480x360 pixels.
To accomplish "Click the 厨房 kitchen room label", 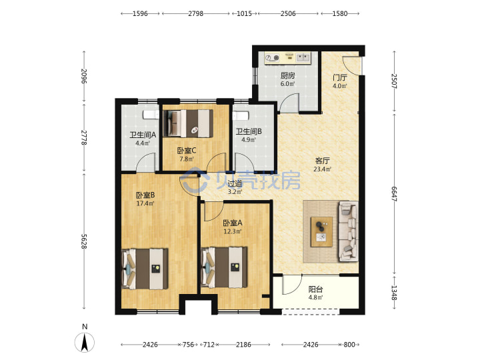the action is pos(287,75).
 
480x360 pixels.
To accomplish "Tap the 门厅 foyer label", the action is pos(340,77).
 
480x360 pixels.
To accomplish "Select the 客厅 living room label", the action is pos(323,161).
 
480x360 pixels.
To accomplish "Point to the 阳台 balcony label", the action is pos(315,289).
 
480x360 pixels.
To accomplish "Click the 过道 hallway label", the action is pos(235,184).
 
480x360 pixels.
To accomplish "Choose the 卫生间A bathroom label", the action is pos(143,135).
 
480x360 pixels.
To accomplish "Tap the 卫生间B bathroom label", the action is pos(249,131).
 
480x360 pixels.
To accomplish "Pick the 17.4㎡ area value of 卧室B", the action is pos(145,203).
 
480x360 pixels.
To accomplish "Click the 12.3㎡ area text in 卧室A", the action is pos(233,231).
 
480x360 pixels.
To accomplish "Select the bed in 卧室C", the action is pos(188,123).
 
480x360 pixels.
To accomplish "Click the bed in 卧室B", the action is pos(145,269).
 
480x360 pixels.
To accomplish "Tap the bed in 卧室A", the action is pos(224,267).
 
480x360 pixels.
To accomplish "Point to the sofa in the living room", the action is pos(349,232).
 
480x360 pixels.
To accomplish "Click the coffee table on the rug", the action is pos(321,232).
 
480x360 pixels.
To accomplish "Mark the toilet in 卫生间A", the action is pos(151,115).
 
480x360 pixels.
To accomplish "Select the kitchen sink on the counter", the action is pos(303,57).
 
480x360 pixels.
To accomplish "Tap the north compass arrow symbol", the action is pos(85,342).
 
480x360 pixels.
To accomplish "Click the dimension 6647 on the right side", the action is pos(394,194).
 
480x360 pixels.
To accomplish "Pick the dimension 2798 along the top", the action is pos(195,13).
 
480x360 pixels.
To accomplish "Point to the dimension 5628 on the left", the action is pos(84,241).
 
